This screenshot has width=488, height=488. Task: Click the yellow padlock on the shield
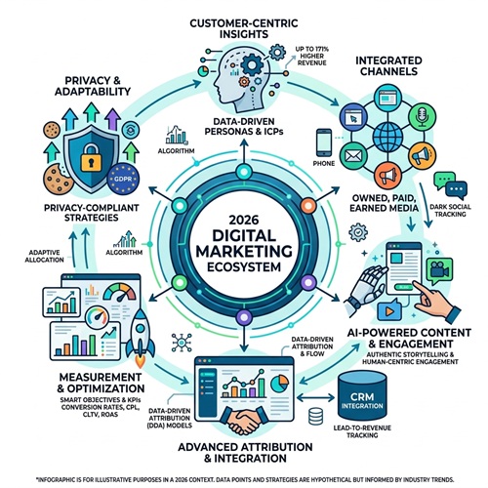click(92, 157)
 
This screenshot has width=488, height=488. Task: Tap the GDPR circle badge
click(123, 180)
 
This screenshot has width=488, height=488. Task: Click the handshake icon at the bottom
click(244, 421)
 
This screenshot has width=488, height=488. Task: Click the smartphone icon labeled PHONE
click(324, 142)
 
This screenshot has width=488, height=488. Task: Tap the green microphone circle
click(423, 116)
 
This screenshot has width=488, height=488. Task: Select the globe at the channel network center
click(387, 137)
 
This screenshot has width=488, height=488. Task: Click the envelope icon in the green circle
click(353, 156)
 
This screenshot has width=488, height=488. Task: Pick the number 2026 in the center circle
click(244, 221)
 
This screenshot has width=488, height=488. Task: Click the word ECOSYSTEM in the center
click(244, 267)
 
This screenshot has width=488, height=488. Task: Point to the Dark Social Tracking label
click(450, 211)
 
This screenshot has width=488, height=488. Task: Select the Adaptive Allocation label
click(45, 256)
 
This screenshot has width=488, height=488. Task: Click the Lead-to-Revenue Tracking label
click(362, 431)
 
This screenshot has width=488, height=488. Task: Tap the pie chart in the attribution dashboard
click(279, 384)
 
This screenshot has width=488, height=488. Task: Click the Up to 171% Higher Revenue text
click(312, 56)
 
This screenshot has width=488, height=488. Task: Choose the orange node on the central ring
click(308, 206)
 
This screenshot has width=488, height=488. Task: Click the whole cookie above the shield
click(52, 130)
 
